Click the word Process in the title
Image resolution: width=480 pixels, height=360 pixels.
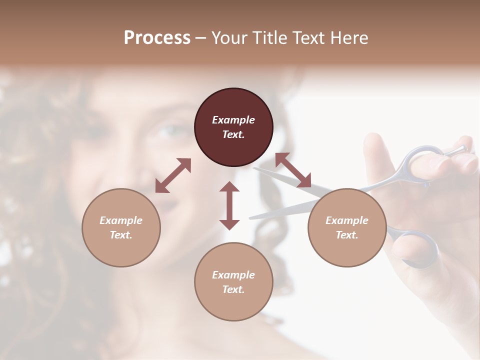point(157,37)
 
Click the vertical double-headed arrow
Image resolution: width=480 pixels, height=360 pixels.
point(229,205)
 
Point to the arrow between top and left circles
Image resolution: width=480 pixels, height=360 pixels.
point(173,175)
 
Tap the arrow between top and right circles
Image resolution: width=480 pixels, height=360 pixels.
point(293,170)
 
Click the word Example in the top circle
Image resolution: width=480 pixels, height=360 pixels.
point(233,120)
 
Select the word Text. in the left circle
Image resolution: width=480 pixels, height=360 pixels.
point(121,235)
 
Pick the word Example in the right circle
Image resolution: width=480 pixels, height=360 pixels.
point(347,220)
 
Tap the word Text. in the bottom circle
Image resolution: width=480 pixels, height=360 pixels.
point(233,289)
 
